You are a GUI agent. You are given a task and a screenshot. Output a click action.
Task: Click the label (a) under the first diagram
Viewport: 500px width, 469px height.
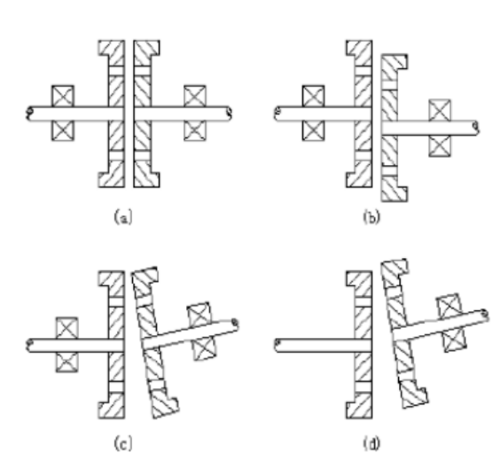click(122, 217)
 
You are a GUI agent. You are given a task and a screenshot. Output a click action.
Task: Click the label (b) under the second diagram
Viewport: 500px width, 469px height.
click(371, 217)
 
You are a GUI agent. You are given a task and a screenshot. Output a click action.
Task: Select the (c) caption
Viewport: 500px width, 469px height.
click(122, 443)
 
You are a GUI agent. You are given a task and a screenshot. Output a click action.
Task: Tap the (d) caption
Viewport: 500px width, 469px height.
click(371, 443)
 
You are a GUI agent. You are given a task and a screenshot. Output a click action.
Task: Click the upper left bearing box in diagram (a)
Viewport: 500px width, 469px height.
click(63, 96)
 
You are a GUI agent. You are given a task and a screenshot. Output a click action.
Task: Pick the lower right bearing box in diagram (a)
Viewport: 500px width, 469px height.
click(195, 130)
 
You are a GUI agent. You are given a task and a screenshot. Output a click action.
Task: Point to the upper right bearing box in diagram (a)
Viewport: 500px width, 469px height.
click(195, 96)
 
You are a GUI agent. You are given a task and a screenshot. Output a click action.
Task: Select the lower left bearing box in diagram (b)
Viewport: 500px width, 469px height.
click(314, 130)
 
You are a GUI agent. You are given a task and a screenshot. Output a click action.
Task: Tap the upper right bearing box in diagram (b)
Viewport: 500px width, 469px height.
click(440, 110)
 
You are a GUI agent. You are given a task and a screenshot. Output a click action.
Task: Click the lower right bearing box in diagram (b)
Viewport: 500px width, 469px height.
click(440, 145)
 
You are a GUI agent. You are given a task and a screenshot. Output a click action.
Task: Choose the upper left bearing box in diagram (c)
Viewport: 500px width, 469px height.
click(67, 328)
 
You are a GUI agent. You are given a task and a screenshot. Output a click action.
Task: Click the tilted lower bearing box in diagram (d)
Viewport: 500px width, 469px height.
click(455, 340)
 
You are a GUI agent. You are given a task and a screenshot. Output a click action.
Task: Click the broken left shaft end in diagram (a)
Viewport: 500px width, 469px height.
click(29, 113)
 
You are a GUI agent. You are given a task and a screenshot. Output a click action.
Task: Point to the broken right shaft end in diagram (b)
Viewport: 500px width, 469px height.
click(476, 128)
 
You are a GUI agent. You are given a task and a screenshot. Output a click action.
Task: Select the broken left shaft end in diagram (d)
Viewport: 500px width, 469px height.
click(277, 345)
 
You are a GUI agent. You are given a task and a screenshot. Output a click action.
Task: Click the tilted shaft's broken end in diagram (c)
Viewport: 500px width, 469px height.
click(235, 324)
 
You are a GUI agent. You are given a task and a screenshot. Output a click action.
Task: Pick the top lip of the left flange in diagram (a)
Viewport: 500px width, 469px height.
click(112, 48)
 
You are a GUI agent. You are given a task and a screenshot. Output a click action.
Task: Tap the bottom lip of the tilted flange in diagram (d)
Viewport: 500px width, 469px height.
click(415, 398)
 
